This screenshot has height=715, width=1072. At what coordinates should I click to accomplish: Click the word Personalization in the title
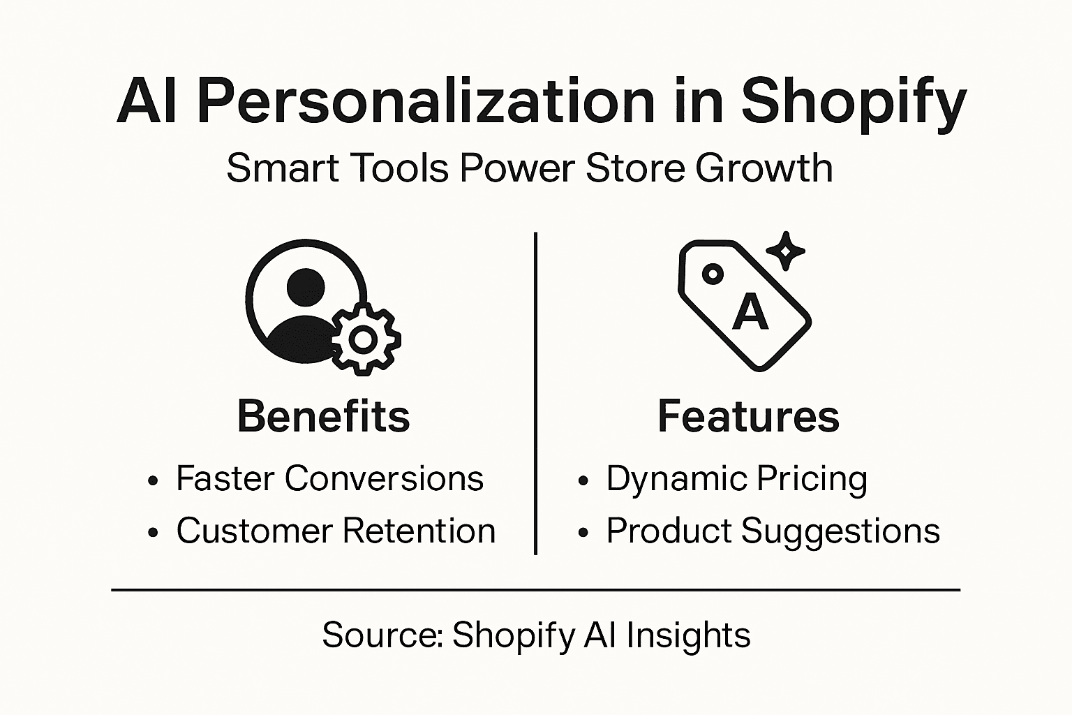click(426, 102)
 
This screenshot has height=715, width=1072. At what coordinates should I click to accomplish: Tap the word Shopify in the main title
click(853, 102)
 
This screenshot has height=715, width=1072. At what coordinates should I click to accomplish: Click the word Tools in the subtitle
click(394, 168)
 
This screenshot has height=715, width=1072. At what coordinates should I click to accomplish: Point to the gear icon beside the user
click(364, 339)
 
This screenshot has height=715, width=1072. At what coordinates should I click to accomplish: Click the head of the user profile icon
click(306, 286)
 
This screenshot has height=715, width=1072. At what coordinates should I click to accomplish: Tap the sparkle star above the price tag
click(786, 250)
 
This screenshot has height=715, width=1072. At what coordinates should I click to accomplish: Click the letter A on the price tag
click(750, 312)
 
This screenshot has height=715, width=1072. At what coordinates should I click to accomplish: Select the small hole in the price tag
click(712, 274)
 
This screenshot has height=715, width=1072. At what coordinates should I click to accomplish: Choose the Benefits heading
click(324, 416)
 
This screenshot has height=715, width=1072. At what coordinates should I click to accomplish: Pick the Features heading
click(748, 416)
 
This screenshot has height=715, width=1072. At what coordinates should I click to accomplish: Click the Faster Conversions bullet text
click(329, 479)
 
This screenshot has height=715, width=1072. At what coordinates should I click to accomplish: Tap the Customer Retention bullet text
click(336, 531)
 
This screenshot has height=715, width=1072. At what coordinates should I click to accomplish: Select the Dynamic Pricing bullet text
click(736, 479)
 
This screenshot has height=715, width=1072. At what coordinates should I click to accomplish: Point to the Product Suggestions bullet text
click(773, 531)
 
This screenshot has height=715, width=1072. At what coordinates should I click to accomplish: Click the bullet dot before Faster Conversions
click(154, 481)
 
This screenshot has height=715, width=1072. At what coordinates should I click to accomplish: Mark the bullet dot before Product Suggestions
click(583, 533)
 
